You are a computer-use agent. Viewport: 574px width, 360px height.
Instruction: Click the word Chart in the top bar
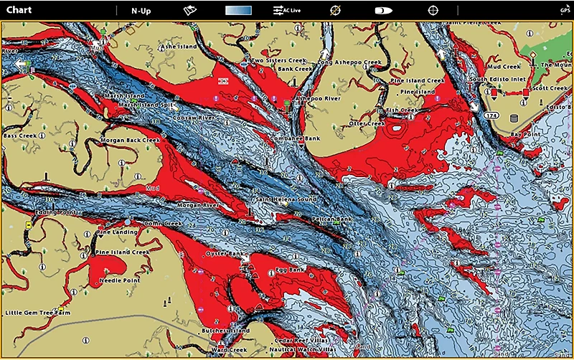[x=19, y=11]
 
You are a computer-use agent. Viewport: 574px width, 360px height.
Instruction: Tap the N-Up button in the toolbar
[x=141, y=11]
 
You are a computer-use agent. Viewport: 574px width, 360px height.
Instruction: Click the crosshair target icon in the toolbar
[x=433, y=11]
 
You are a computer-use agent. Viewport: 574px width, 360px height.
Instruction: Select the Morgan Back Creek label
[x=130, y=140]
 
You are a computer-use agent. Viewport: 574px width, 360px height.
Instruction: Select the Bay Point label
[x=524, y=133]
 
